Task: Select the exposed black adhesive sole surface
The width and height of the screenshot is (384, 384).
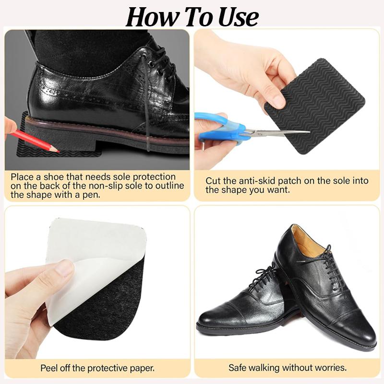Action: pos(103,306)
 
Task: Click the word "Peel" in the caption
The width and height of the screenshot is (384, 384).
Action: pos(50,368)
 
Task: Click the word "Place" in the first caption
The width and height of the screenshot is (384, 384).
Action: pos(22,177)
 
